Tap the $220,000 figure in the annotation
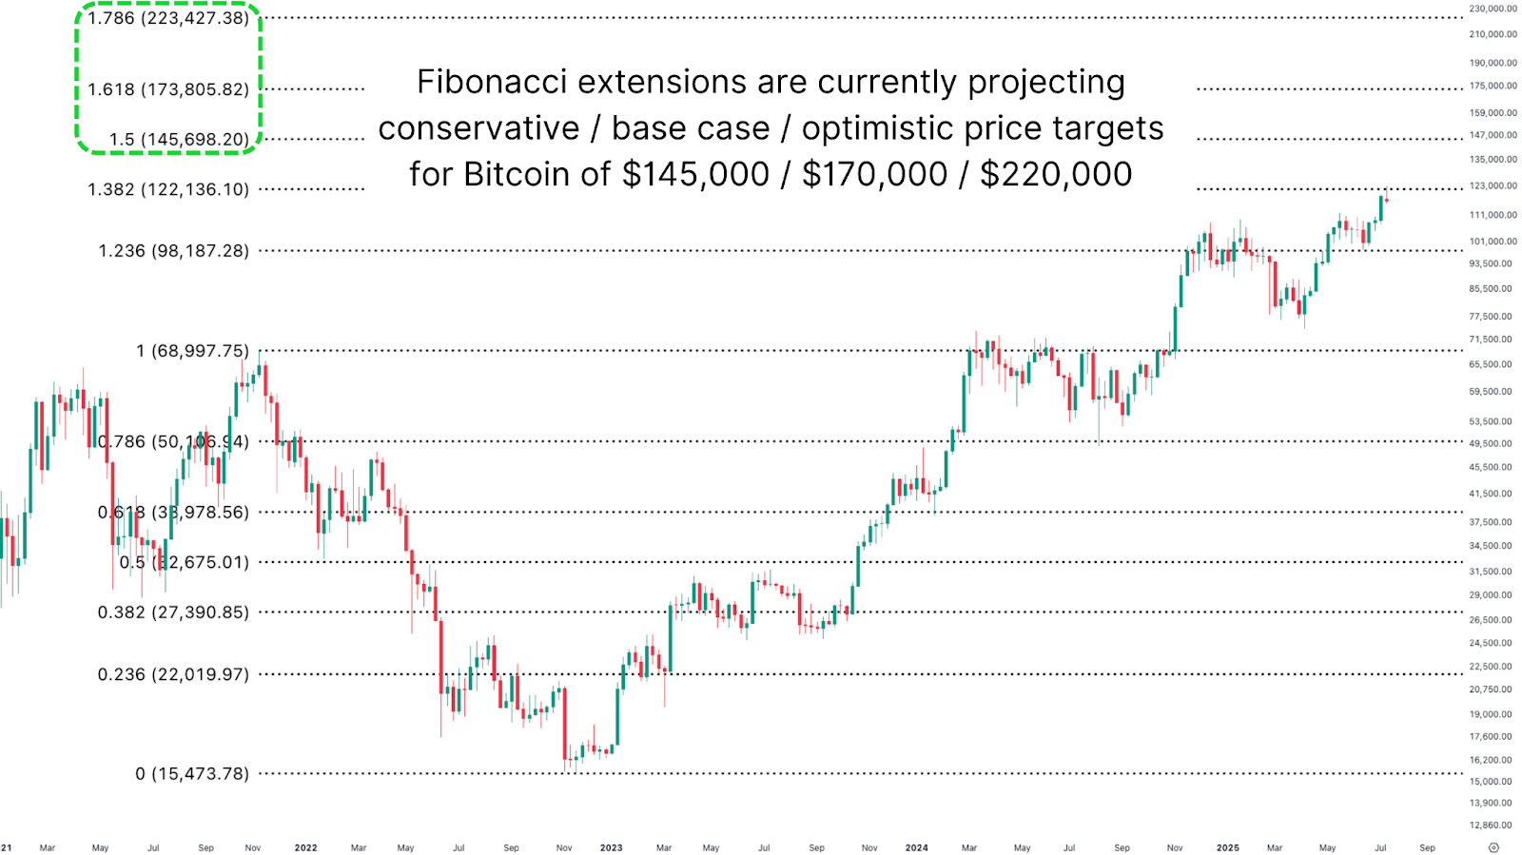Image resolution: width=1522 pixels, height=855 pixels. [1056, 174]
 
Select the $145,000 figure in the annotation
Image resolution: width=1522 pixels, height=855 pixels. [695, 174]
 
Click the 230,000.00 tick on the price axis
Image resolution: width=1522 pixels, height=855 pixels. [1493, 9]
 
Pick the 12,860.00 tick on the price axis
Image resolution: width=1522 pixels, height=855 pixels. [1490, 825]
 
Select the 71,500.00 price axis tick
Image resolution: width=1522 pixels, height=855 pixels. [1490, 340]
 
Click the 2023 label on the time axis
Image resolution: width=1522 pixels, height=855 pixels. [611, 847]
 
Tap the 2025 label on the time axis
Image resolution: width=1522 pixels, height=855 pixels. [1227, 847]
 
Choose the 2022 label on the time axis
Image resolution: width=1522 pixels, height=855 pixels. [305, 847]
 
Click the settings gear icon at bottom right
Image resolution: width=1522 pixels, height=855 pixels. [1493, 847]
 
